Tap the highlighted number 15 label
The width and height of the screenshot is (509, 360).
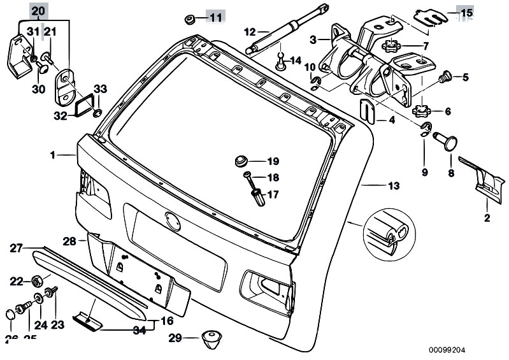[466, 12]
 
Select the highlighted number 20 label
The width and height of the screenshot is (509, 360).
[38, 11]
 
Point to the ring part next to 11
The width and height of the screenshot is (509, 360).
[189, 17]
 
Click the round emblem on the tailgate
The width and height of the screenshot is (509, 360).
[172, 219]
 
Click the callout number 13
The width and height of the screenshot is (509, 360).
[393, 186]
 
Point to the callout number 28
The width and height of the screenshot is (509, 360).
[69, 241]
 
